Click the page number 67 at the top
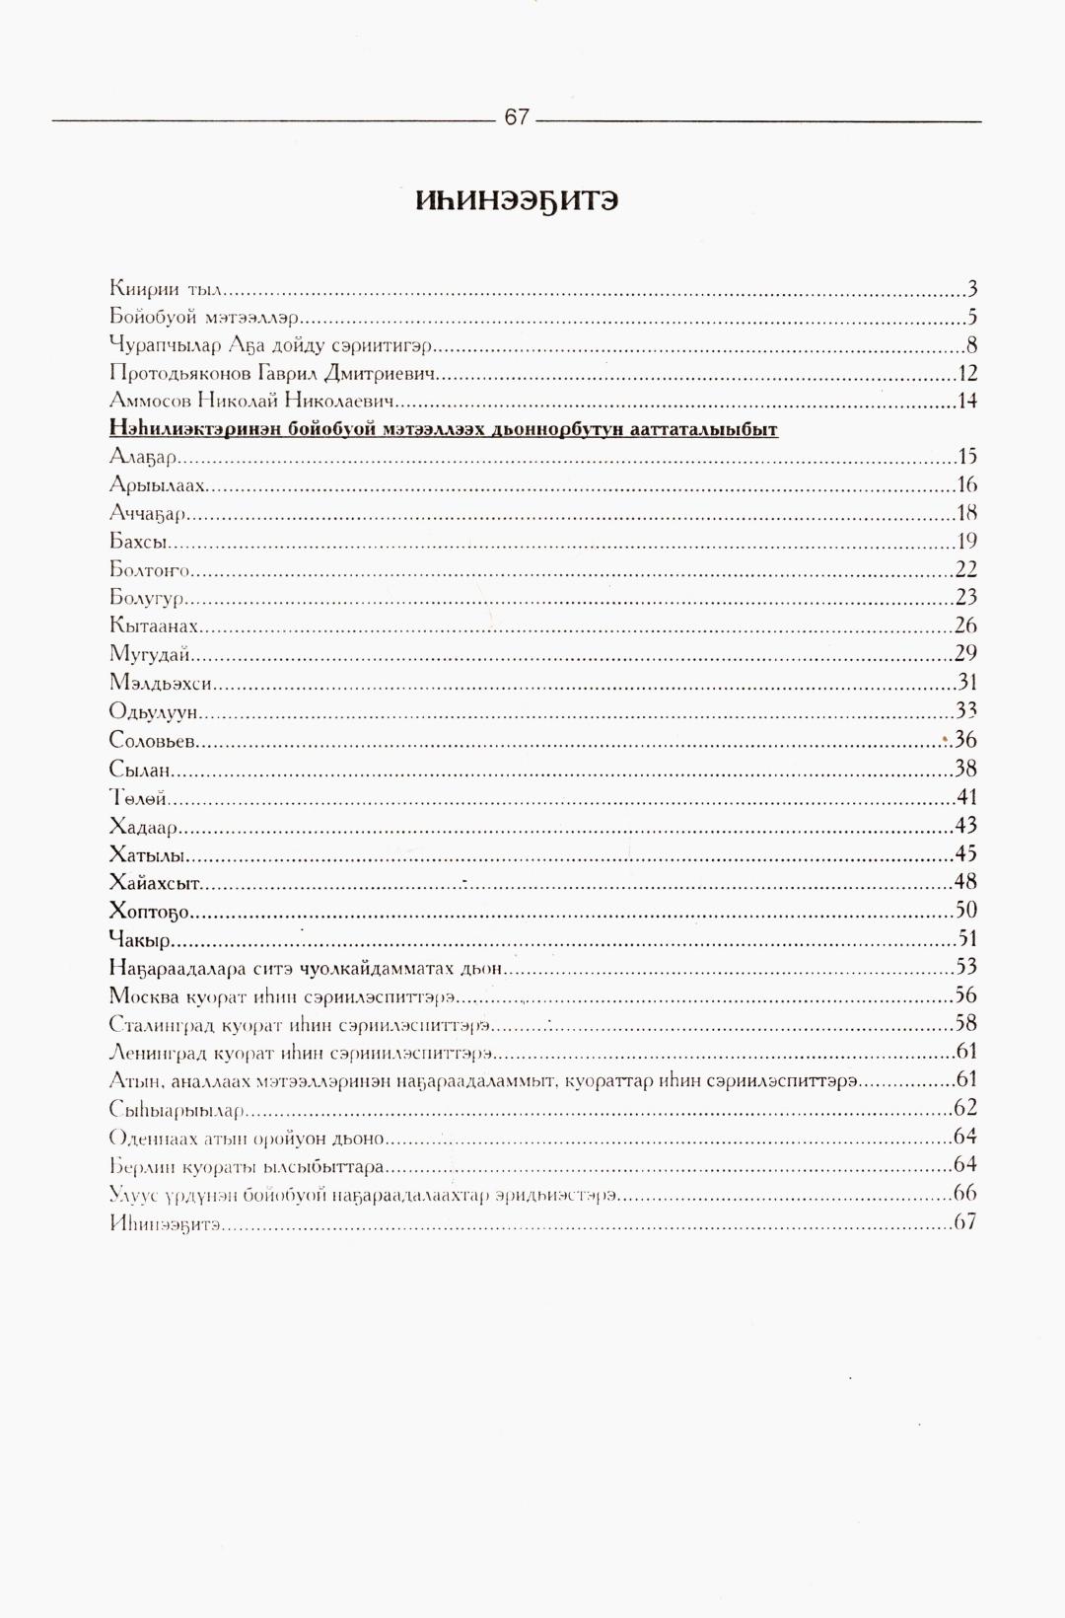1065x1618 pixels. [517, 117]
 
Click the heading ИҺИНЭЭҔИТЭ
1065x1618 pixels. [517, 201]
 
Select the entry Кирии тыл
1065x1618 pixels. [168, 290]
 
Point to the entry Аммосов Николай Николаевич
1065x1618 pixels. [251, 402]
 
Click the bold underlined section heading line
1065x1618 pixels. [444, 429]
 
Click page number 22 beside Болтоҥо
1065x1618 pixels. [965, 569]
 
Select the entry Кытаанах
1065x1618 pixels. [156, 625]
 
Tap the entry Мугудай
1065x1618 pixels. [150, 653]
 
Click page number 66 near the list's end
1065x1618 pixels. [965, 1194]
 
